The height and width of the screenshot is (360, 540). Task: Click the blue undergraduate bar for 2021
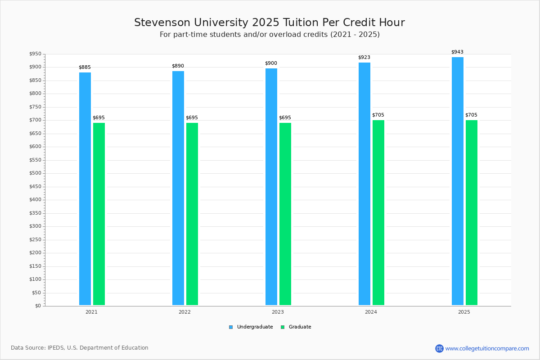click(85, 189)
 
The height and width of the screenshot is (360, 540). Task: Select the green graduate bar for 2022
click(192, 214)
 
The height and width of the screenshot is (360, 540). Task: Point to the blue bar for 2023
click(271, 187)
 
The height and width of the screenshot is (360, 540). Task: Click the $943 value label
click(457, 52)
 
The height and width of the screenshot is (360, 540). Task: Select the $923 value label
click(364, 58)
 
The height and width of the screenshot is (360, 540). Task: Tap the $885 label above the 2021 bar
click(85, 67)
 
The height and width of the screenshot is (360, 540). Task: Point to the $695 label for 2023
click(285, 118)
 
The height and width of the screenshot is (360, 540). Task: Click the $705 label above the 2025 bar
click(471, 115)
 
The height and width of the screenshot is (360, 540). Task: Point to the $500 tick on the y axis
click(35, 173)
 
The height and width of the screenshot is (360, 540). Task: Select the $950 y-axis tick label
click(35, 54)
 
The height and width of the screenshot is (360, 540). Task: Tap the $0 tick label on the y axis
click(38, 306)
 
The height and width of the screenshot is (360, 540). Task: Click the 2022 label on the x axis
click(184, 312)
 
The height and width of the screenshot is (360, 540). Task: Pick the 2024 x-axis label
click(371, 312)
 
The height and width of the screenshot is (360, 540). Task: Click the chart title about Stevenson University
click(270, 23)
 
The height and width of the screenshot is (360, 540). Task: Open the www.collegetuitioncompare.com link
click(487, 348)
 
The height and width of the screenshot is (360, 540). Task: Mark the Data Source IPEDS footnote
click(80, 348)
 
